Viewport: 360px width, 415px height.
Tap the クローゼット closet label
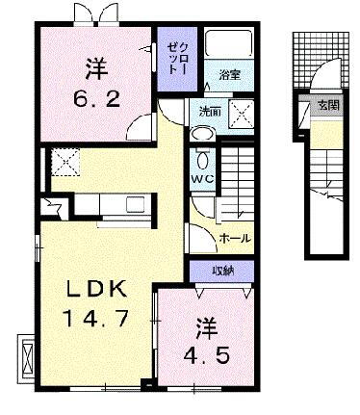click(x=172, y=59)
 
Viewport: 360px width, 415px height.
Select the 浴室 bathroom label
click(x=228, y=74)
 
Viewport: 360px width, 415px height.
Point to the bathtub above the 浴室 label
click(x=228, y=46)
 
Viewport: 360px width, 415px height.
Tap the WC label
click(x=201, y=178)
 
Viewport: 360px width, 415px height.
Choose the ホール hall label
click(x=236, y=236)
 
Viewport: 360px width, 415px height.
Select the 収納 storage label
click(x=222, y=271)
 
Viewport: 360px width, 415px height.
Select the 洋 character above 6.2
click(x=93, y=68)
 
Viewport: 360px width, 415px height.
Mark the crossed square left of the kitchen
click(x=65, y=162)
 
